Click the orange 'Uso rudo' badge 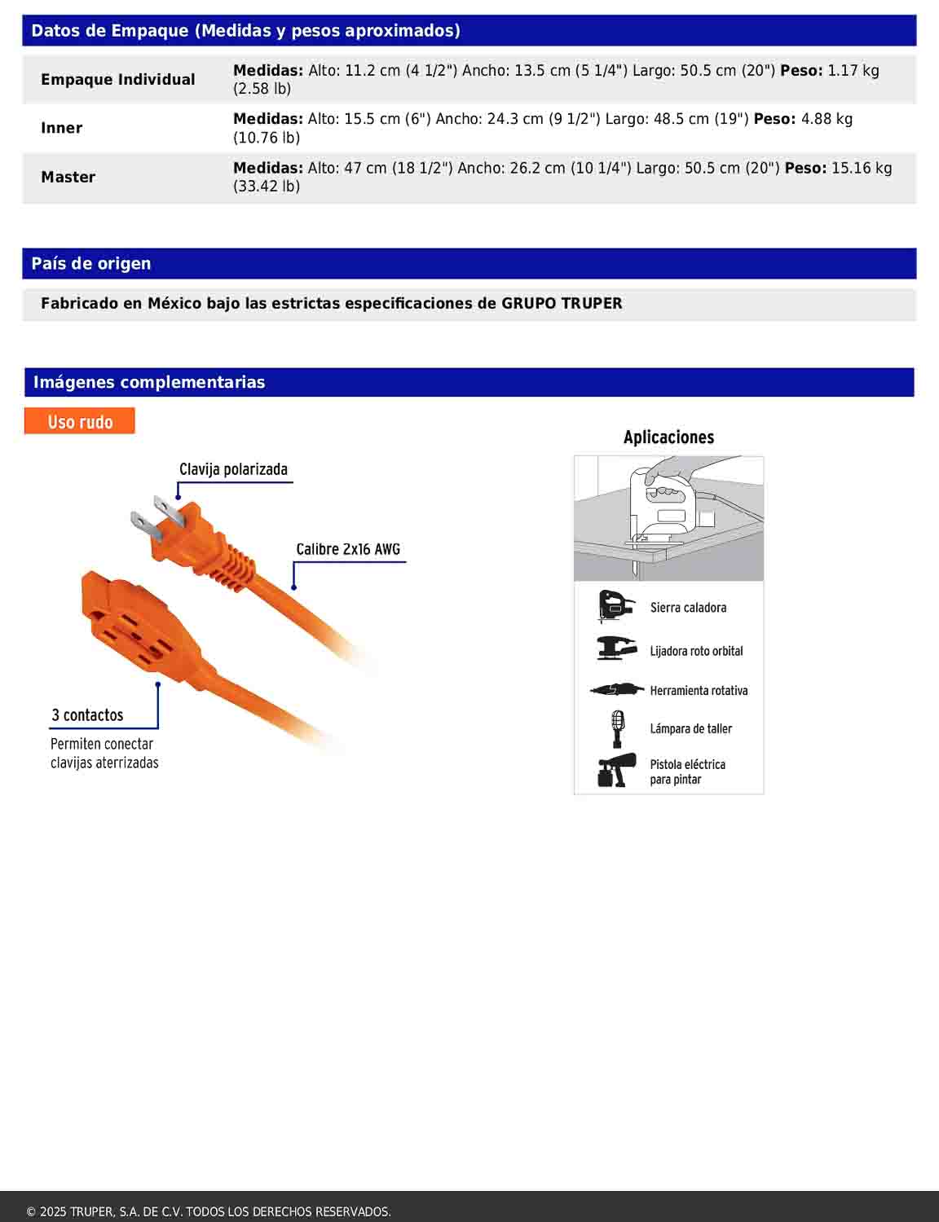point(80,421)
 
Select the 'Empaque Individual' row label point(118,79)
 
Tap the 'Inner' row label point(62,128)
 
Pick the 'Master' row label point(68,177)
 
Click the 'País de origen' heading point(91,263)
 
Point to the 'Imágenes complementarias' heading point(149,382)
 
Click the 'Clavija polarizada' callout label point(233,469)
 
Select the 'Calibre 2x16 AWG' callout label point(348,549)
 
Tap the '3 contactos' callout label point(87,715)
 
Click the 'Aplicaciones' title point(668,437)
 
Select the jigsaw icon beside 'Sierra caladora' point(615,607)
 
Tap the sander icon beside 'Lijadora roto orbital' point(616,648)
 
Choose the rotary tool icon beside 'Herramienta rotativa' point(616,690)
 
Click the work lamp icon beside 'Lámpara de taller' point(618,728)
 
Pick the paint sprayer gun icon point(616,771)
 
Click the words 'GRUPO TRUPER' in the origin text point(562,304)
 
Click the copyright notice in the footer point(209,1211)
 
